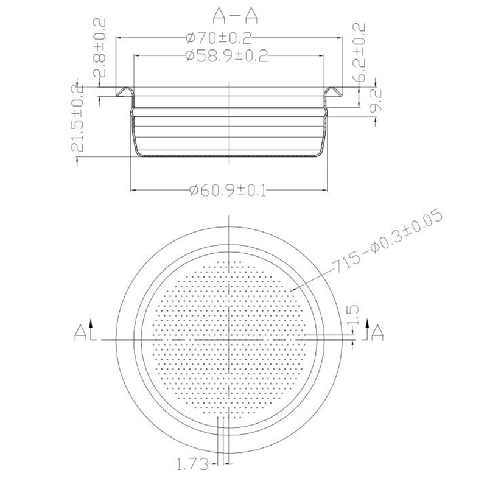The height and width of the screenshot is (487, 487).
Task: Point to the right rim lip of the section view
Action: (x=332, y=91)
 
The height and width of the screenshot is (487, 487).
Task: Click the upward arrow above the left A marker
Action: (x=91, y=322)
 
